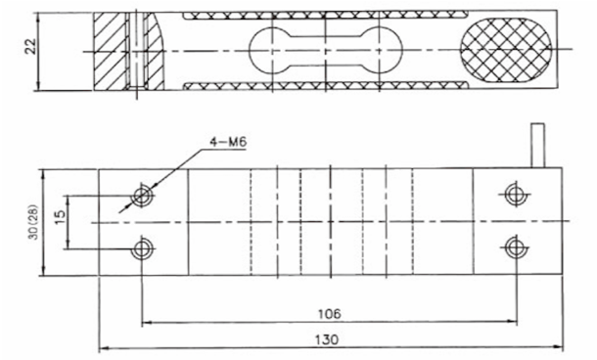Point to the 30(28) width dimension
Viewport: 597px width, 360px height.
32,223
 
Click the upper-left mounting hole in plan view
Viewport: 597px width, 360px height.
144,196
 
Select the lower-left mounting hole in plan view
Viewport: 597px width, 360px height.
144,247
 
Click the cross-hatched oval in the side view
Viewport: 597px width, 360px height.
506,51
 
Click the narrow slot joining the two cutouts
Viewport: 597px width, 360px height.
326,51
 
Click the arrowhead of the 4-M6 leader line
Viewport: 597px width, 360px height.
123,209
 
